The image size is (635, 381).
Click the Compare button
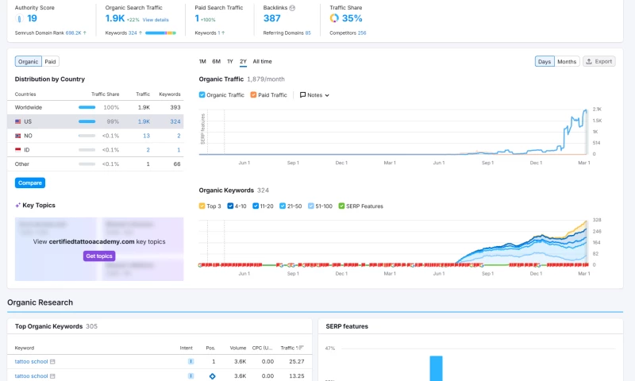[x=30, y=183]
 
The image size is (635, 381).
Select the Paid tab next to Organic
[x=50, y=61]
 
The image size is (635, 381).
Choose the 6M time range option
[x=216, y=61]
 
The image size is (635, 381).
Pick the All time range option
[x=262, y=61]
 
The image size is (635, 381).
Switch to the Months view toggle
[x=567, y=61]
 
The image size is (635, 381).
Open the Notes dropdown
[x=314, y=95]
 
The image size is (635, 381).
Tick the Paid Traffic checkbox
[x=253, y=95]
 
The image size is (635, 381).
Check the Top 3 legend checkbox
[x=202, y=206]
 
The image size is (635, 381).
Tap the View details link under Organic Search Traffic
[x=156, y=19]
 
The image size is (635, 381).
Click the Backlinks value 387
[x=272, y=18]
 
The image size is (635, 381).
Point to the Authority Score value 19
[x=32, y=18]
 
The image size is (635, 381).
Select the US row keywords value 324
[x=175, y=121]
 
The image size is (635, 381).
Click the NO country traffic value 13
[x=146, y=136]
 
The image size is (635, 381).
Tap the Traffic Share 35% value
[x=352, y=18]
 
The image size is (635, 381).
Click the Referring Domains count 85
[x=308, y=33]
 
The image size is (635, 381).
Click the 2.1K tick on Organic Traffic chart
[x=597, y=109]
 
